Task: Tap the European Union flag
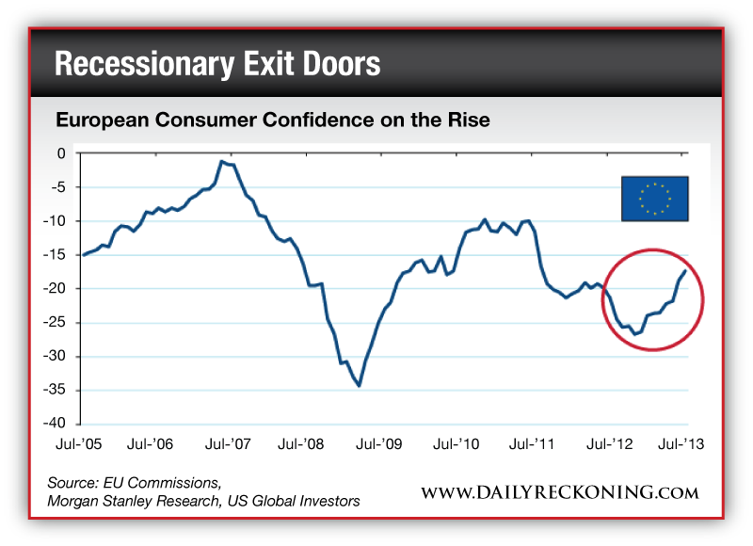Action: [655, 199]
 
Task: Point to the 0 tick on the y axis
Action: [62, 153]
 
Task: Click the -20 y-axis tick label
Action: [57, 289]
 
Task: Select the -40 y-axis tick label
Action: [57, 425]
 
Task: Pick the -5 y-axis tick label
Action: [60, 187]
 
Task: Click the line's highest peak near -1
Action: [222, 162]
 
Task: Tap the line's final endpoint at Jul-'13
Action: [685, 271]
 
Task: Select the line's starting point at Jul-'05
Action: [83, 255]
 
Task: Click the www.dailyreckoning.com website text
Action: [559, 492]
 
